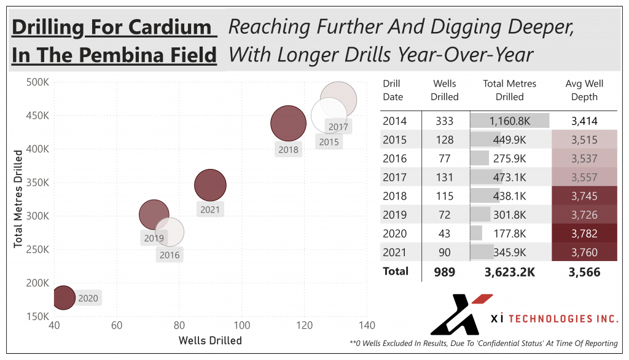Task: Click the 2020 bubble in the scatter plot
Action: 63,297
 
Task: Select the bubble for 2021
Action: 210,185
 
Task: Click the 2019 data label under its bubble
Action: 154,238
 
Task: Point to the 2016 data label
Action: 170,255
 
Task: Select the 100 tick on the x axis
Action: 242,325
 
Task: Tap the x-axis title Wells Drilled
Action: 210,340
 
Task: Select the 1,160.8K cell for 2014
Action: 509,121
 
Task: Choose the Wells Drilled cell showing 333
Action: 445,121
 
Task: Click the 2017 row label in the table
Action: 394,177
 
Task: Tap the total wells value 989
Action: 445,272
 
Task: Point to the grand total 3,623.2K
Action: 509,272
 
